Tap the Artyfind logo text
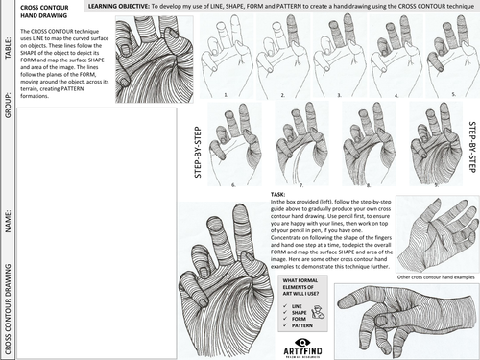(x=307, y=349)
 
